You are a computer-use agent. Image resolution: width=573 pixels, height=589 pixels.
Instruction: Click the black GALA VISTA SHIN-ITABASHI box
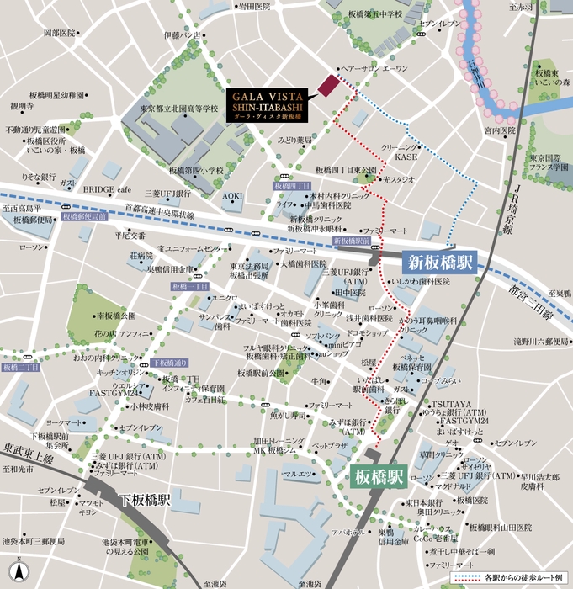pos(268,105)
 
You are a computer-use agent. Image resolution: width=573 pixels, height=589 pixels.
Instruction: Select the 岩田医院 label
pos(254,6)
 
